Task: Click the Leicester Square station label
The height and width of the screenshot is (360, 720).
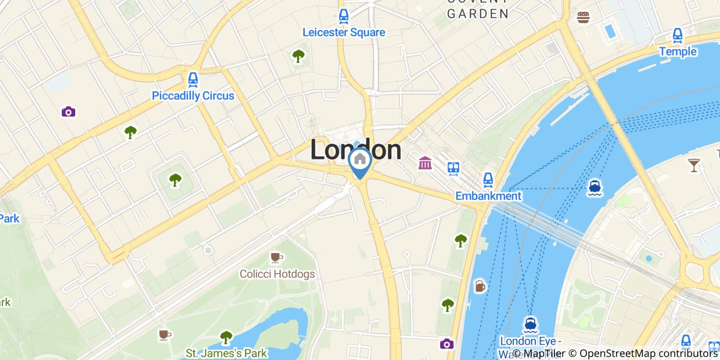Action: [x=344, y=32]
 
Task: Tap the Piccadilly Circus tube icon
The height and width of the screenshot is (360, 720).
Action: [x=193, y=79]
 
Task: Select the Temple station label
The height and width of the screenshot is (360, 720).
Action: [x=678, y=51]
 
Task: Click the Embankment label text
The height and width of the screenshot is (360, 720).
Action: [x=488, y=196]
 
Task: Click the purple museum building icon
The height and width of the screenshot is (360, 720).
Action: [x=425, y=164]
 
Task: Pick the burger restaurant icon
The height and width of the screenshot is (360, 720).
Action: [x=583, y=17]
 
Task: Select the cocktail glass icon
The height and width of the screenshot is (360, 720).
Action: [x=694, y=165]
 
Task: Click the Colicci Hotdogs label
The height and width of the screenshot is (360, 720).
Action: [x=277, y=274]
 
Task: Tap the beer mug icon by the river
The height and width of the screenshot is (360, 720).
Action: [x=479, y=286]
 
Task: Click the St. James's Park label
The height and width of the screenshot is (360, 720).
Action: [x=226, y=353]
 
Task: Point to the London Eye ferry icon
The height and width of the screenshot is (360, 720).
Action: [x=530, y=325]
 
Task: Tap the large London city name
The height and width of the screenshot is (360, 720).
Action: [x=356, y=150]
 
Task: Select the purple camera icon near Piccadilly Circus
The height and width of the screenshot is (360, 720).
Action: [x=68, y=112]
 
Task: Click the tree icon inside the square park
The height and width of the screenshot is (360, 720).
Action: [x=175, y=179]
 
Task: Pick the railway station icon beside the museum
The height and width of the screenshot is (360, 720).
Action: [x=453, y=168]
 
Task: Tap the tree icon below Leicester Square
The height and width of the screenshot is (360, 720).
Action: [x=298, y=56]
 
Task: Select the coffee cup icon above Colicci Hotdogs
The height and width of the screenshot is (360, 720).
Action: [x=277, y=257]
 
